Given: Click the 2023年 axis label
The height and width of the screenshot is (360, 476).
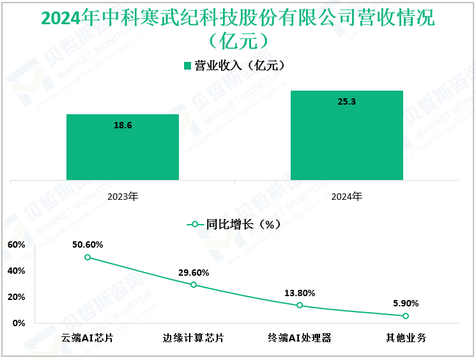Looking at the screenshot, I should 123,197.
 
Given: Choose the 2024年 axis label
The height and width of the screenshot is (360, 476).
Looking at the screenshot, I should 346,197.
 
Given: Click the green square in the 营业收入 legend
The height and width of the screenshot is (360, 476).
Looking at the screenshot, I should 188,66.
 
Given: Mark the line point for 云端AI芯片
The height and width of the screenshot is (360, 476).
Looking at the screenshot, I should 88,257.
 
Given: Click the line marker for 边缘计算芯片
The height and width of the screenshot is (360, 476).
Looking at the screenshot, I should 194,285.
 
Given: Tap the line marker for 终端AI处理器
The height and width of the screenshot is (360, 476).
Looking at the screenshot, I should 300,305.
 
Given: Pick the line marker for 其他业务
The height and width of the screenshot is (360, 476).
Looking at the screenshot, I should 406,315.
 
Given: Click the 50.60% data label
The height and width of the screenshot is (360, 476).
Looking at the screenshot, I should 88,244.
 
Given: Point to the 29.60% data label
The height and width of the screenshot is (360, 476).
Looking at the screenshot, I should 194,273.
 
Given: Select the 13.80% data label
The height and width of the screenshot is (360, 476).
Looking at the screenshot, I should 300,293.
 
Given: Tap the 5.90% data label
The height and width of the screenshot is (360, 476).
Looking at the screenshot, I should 406,303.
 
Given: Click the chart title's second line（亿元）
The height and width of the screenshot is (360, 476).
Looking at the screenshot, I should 238,41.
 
